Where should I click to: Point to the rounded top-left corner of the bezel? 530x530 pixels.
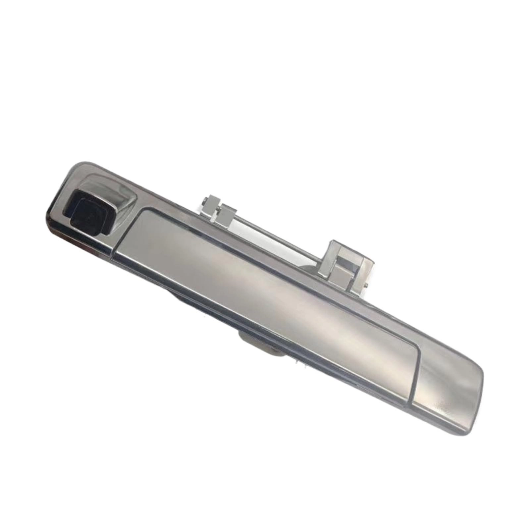pos(75,167)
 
